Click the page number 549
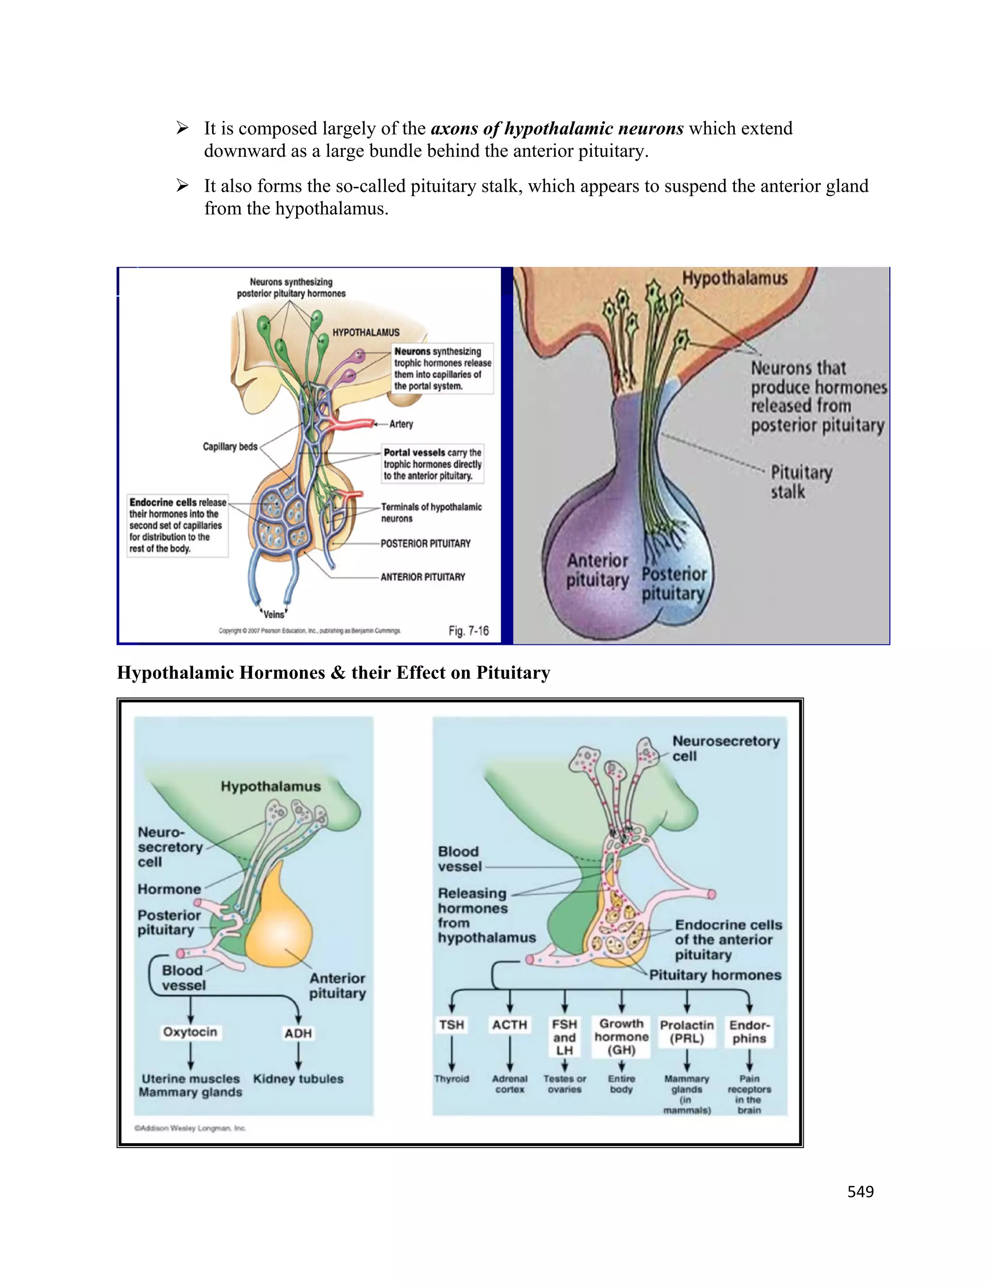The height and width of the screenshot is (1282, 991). [x=860, y=1191]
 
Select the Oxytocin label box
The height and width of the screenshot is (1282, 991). [x=190, y=1032]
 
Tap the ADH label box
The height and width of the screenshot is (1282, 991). [x=298, y=1033]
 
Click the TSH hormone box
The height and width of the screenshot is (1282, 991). [x=451, y=1025]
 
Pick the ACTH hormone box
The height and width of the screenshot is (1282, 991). [x=510, y=1025]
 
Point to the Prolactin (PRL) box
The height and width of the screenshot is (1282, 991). [x=687, y=1032]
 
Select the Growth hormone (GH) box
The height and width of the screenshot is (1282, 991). [x=622, y=1037]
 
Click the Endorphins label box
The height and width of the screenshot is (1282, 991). [x=749, y=1032]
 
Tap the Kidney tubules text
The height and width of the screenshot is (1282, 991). [x=298, y=1079]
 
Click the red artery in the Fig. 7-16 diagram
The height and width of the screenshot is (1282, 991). [x=352, y=424]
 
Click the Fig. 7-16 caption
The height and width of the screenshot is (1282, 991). [x=468, y=631]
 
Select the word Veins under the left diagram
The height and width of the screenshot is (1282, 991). [x=273, y=614]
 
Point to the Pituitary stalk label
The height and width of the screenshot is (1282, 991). [x=801, y=482]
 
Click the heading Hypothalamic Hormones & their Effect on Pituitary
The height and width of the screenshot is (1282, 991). [x=333, y=673]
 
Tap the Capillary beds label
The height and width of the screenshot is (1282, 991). [x=230, y=447]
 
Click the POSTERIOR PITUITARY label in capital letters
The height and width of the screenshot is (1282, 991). [x=426, y=544]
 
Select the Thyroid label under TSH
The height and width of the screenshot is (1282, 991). [x=451, y=1079]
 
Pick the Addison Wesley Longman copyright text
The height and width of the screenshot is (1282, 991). [x=190, y=1128]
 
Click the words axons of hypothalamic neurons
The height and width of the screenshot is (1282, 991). [x=557, y=129]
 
